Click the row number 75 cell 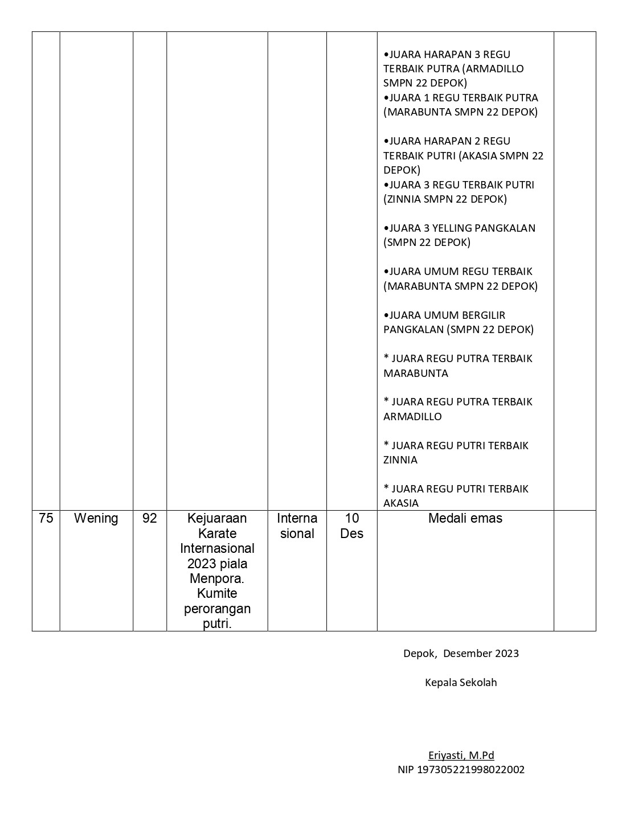(46, 519)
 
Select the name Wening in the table (96, 519)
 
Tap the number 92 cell (149, 519)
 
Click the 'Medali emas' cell (465, 519)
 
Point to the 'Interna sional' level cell (297, 526)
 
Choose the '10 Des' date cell (351, 526)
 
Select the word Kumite (217, 594)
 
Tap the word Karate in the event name (217, 533)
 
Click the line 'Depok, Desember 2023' (461, 654)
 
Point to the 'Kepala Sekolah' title (461, 683)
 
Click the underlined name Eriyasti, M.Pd (461, 756)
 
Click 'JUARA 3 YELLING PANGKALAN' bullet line (460, 228)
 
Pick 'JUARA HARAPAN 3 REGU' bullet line (448, 55)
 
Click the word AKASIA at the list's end (401, 503)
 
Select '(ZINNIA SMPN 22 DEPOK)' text (445, 199)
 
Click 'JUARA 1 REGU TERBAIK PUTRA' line (461, 98)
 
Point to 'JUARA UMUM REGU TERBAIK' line (459, 272)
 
